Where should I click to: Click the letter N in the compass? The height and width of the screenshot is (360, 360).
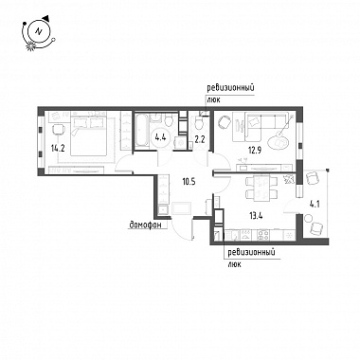[x=39, y=31]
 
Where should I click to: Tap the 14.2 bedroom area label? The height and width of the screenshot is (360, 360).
[x=58, y=148]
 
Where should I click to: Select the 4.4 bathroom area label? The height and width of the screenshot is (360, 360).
[x=160, y=137]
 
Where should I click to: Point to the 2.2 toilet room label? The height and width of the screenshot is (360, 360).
[x=199, y=139]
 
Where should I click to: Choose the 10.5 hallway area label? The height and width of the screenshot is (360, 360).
[x=189, y=182]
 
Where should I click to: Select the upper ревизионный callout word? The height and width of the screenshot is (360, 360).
[x=230, y=87]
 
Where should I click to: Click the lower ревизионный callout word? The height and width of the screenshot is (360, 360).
[x=251, y=253]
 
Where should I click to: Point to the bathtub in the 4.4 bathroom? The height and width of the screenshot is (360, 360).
[x=141, y=132]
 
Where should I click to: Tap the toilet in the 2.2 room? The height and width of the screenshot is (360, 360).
[x=199, y=122]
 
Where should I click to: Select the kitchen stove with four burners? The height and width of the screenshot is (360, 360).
[x=263, y=234]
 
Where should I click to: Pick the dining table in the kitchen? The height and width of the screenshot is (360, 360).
[x=262, y=189]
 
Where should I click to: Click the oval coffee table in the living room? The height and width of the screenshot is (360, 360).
[x=278, y=143]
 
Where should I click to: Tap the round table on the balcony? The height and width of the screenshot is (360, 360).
[x=308, y=218]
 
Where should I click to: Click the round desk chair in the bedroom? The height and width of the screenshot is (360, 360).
[x=59, y=130]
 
